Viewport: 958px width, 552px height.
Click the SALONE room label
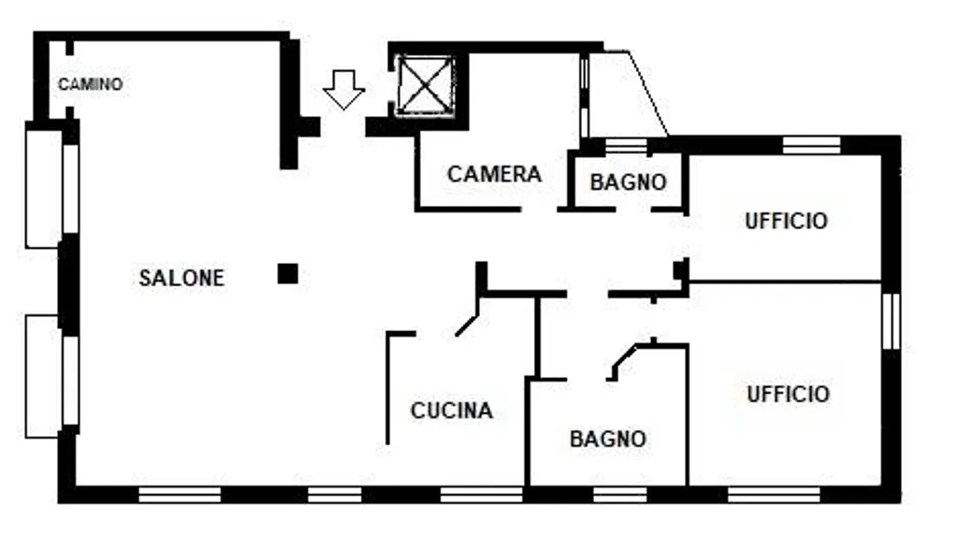click(x=181, y=278)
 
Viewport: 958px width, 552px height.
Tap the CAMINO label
click(x=90, y=84)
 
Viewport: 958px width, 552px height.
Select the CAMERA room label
click(x=494, y=174)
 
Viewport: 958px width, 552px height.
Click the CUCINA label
click(x=452, y=411)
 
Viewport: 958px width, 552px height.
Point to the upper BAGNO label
click(x=629, y=182)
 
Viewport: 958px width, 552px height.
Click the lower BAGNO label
click(x=608, y=438)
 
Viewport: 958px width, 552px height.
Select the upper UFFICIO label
click(x=786, y=222)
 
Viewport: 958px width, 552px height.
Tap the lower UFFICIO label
click(x=788, y=394)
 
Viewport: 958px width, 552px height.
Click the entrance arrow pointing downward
click(x=343, y=90)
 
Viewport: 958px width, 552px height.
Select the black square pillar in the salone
click(x=288, y=273)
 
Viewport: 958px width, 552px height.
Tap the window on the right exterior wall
click(x=891, y=321)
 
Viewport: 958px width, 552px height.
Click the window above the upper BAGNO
click(x=627, y=146)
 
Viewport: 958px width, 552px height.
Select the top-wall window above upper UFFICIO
click(x=810, y=145)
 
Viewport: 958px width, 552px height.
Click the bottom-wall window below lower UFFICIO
click(x=773, y=494)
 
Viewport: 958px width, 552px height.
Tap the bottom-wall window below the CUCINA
click(x=481, y=494)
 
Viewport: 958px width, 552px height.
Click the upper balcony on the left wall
click(x=44, y=189)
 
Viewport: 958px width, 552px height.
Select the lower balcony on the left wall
click(x=44, y=376)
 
